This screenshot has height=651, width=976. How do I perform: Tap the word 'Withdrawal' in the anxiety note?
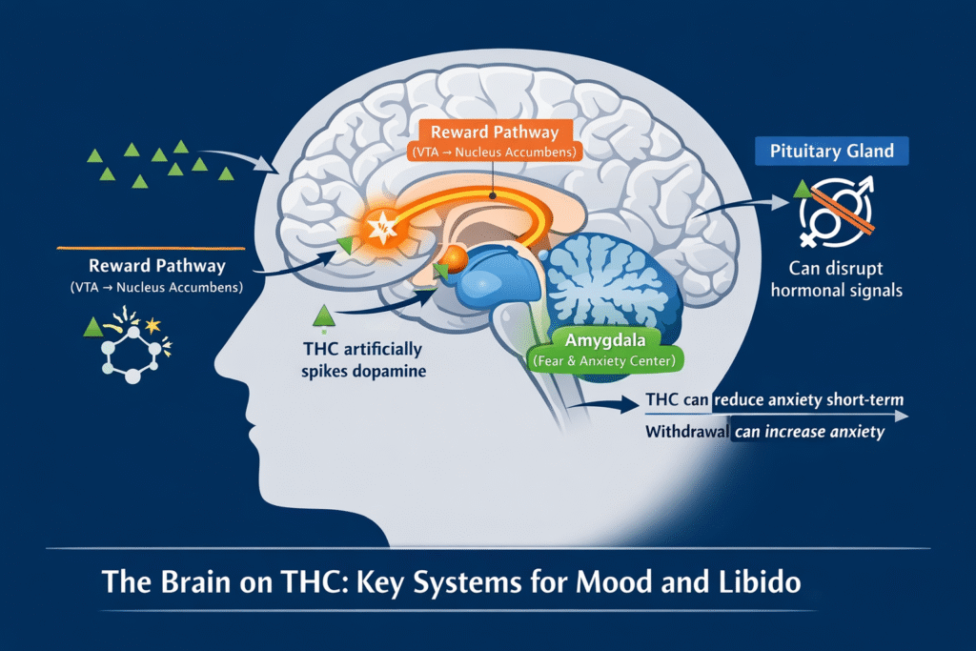coord(685,433)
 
